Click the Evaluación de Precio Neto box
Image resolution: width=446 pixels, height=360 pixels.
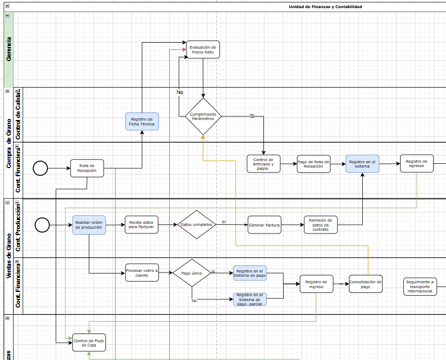coord(203,50)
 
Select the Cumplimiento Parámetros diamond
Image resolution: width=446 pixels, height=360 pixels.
coord(203,116)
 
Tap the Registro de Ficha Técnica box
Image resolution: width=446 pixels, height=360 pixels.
coord(142,122)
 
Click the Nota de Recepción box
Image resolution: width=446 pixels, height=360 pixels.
coord(87,168)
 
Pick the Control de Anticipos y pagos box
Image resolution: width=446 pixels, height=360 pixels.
coord(264,164)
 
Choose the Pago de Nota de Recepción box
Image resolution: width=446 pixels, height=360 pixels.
coord(314,164)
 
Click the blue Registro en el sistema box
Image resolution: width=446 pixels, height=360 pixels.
coord(363,164)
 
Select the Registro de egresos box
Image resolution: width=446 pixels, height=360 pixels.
coord(416,164)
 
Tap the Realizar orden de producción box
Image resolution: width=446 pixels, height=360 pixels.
coord(89,225)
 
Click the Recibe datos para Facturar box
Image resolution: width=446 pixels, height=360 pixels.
coord(142,225)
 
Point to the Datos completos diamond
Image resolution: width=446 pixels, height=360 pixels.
coord(196,224)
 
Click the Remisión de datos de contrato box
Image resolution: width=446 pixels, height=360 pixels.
coord(321,225)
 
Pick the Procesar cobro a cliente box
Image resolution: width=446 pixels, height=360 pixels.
coord(142,273)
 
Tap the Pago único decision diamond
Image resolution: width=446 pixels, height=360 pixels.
coord(191,273)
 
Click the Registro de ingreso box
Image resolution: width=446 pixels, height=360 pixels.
coord(316,284)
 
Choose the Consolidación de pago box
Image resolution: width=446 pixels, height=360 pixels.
coord(365,284)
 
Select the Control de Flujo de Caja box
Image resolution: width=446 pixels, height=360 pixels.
coord(89,342)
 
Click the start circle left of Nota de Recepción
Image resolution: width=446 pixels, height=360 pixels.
coord(41,168)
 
